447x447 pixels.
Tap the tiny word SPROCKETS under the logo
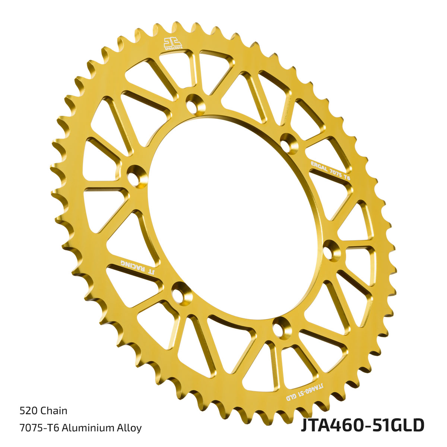[x=174, y=48]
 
